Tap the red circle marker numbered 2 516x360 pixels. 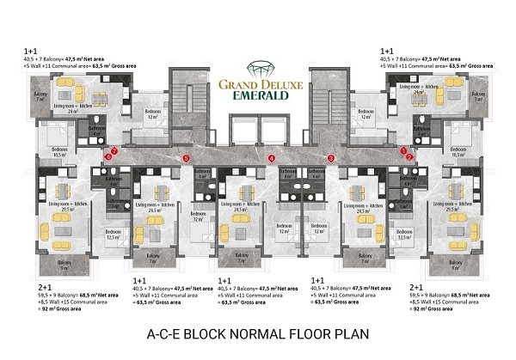pos(411,157)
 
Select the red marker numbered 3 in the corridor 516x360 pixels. pos(331,157)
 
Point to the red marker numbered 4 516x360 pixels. pos(271,157)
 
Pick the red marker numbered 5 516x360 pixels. pos(187,157)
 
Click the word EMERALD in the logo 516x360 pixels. pos(257,98)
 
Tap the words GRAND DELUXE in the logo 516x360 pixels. pos(257,85)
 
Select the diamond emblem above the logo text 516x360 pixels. pos(257,66)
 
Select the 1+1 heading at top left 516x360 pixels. pos(33,52)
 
